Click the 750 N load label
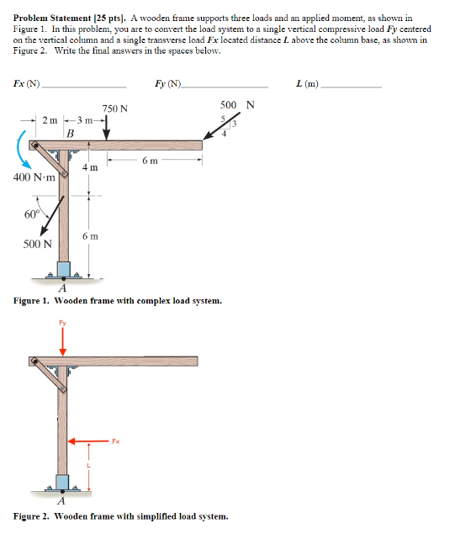click(115, 108)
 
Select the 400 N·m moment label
click(34, 177)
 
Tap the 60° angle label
click(31, 214)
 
